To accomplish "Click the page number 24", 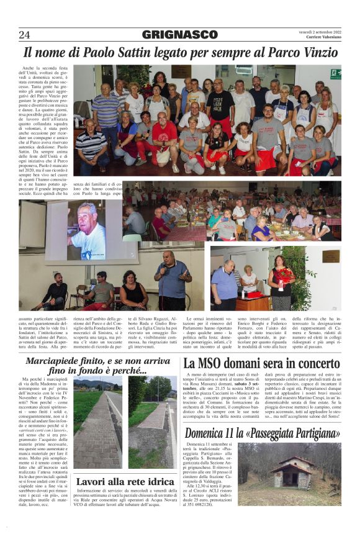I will pos(24,35).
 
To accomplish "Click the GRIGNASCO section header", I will pos(180,35).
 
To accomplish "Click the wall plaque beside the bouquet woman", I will pos(330,256).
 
